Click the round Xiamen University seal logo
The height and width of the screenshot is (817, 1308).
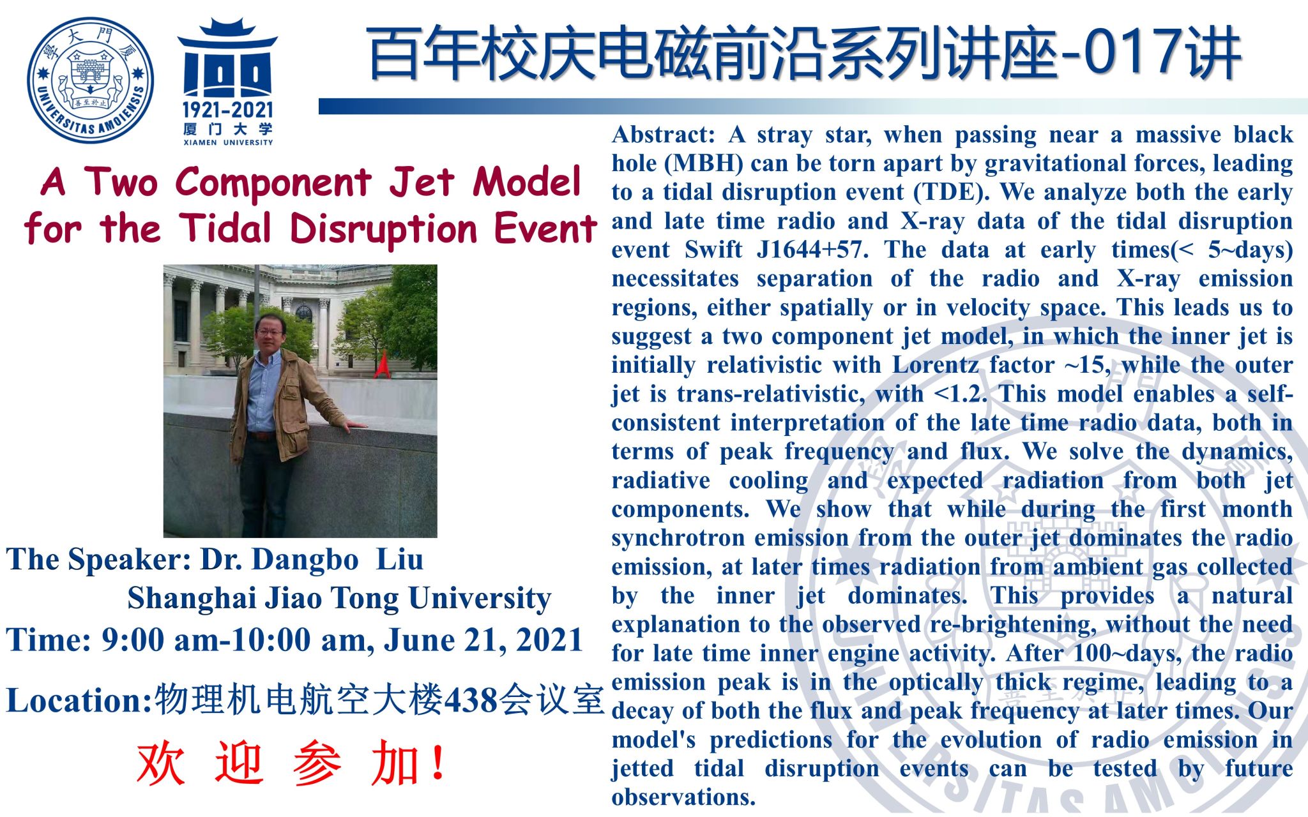[x=90, y=80]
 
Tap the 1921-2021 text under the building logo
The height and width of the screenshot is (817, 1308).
[x=227, y=110]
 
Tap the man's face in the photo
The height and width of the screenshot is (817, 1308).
[x=270, y=331]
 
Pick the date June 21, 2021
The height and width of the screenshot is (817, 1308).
[x=483, y=640]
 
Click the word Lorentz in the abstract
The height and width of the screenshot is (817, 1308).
[x=935, y=365]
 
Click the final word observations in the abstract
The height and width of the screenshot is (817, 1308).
[x=683, y=797]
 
